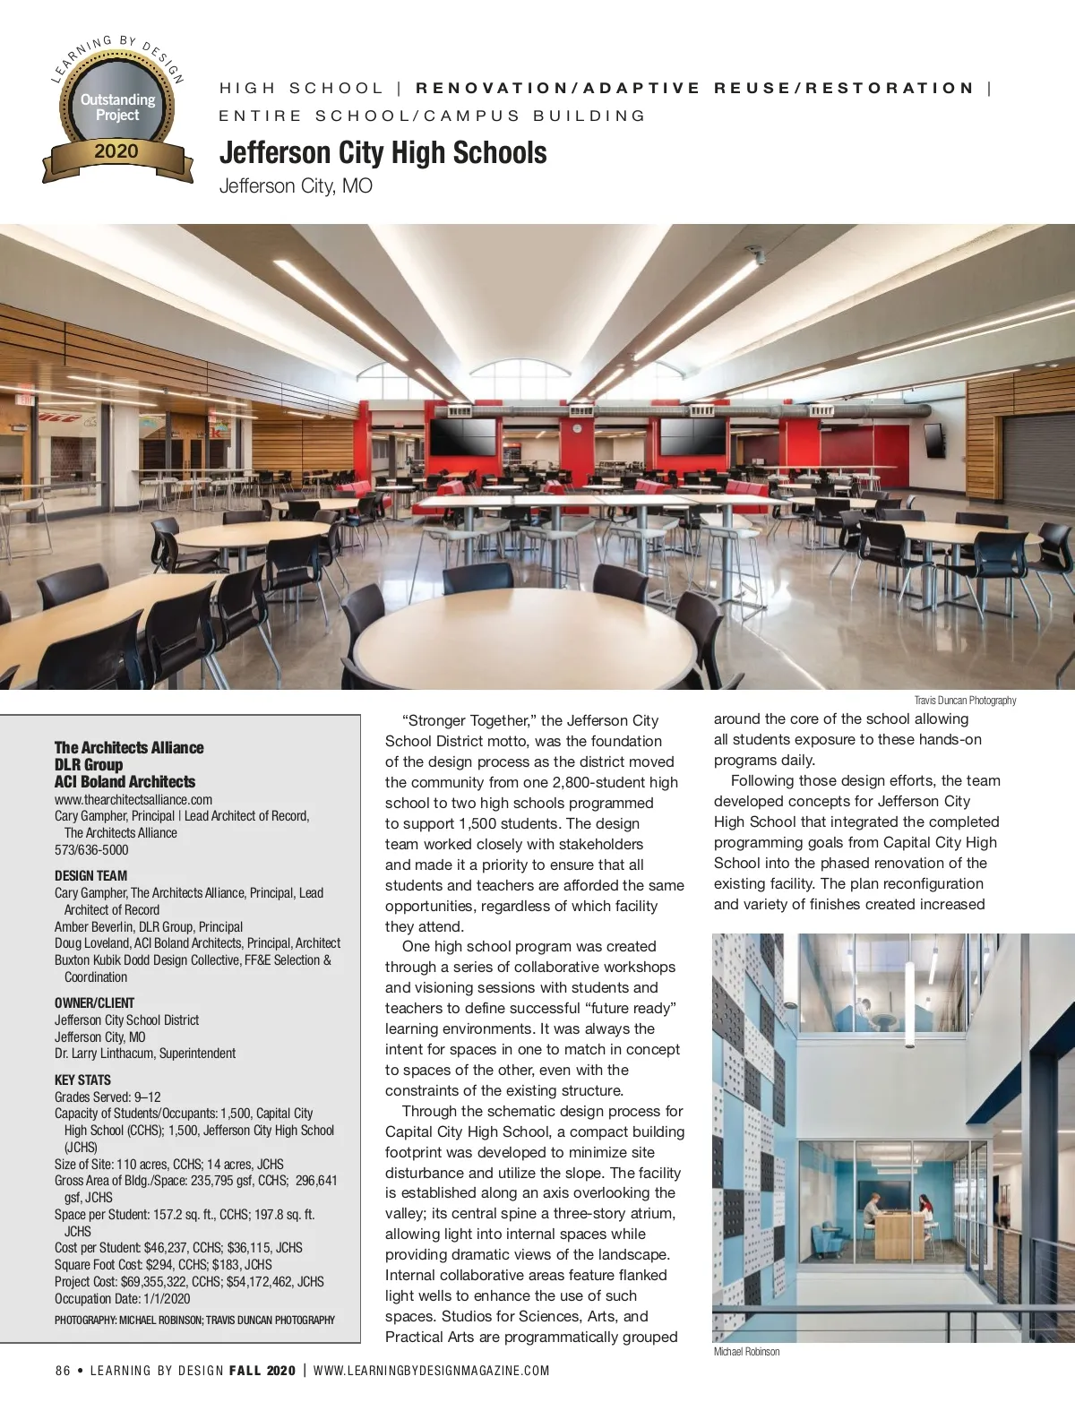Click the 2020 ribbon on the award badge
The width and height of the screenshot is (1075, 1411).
116,151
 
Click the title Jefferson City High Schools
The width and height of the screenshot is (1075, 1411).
383,153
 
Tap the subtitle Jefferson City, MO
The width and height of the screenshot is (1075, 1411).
296,186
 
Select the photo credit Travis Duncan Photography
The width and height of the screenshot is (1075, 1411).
965,701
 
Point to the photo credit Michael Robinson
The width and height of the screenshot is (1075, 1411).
746,1352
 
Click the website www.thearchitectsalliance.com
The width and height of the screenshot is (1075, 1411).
133,799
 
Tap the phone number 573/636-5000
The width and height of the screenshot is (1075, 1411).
91,849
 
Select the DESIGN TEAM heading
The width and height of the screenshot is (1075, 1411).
90,875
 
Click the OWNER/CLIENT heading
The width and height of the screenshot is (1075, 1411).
94,1002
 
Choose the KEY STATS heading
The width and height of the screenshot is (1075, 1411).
82,1080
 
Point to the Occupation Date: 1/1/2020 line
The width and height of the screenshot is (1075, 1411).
122,1298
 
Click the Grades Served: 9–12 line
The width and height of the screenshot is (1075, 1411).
107,1097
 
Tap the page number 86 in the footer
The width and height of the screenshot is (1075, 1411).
63,1371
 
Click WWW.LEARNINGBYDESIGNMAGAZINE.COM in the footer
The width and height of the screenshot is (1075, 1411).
431,1371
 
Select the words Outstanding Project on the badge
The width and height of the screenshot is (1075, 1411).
117,107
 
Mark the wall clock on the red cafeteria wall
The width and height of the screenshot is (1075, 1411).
577,428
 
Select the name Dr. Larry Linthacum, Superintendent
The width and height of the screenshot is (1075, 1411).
145,1054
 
